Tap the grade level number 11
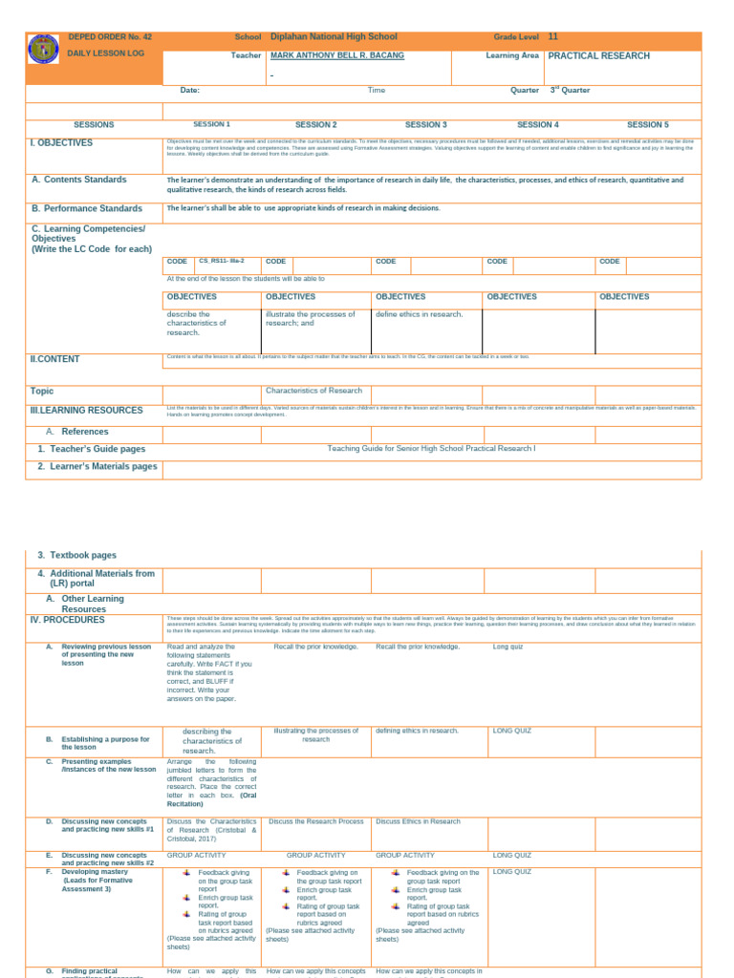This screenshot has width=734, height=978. (552, 36)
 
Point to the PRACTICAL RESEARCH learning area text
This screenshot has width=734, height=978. (599, 56)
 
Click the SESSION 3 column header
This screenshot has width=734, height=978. (426, 124)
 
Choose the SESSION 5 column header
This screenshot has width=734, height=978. (648, 124)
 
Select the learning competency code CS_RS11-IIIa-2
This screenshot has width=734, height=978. (222, 261)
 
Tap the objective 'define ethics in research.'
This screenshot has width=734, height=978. (419, 314)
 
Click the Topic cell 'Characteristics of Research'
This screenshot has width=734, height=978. (313, 391)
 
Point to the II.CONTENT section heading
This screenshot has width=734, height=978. (54, 359)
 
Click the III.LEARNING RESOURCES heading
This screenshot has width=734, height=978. (86, 410)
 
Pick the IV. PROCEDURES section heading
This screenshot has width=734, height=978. (70, 620)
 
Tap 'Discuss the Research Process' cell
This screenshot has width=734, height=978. (316, 821)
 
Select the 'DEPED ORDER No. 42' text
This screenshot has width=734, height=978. (110, 36)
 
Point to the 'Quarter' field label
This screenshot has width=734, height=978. (525, 91)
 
